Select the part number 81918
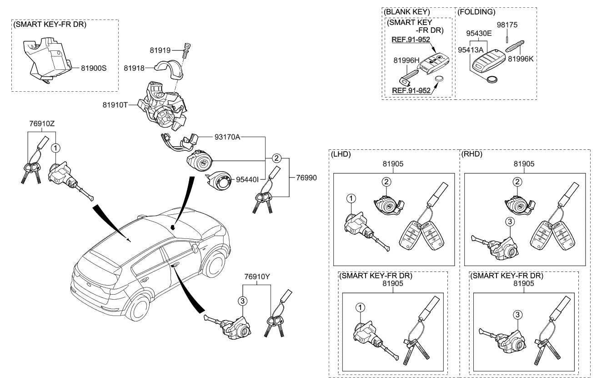tap(134, 68)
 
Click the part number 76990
tap(306, 178)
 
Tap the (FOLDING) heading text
tap(476, 12)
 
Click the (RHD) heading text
tap(472, 154)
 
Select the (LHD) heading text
tap(341, 154)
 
